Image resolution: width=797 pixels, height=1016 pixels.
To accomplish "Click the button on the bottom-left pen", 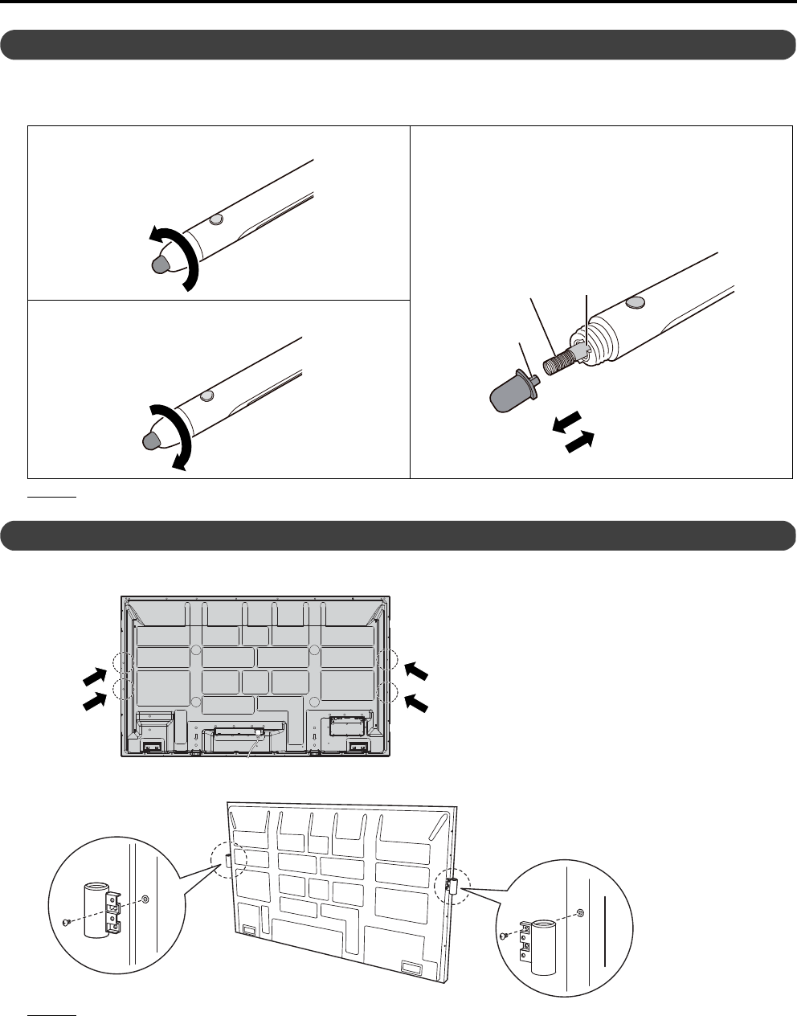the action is [207, 395].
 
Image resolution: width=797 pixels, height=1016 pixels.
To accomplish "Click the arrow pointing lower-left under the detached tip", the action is [567, 423].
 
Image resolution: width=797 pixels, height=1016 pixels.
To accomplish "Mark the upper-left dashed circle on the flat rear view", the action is [123, 662].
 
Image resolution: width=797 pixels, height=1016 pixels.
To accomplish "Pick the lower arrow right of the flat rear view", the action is [416, 703].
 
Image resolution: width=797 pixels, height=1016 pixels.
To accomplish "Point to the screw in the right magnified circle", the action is [502, 935].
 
